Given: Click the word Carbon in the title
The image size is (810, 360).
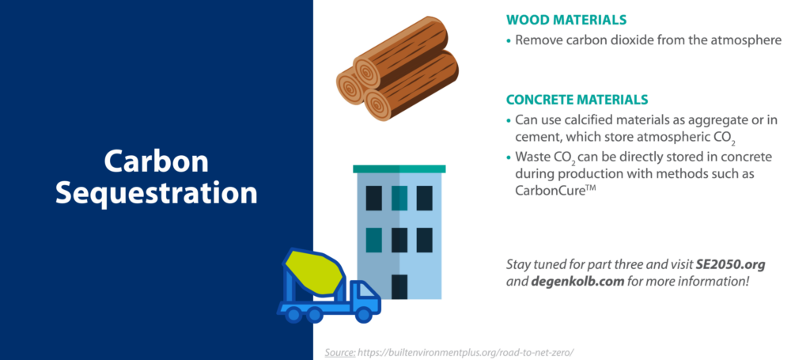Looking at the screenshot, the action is tap(156, 161).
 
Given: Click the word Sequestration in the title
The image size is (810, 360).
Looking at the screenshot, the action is tap(156, 194).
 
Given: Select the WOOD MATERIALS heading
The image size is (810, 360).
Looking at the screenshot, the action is tap(566, 20).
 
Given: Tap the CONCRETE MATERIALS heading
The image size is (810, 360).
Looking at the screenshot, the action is tap(577, 99).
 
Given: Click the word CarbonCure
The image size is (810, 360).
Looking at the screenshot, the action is tap(550, 190).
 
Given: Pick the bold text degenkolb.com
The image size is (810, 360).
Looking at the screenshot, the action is tap(571, 282).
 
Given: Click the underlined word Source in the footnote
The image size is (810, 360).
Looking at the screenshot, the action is tap(339, 353).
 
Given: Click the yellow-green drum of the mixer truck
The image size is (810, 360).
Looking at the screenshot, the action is tap(313, 271).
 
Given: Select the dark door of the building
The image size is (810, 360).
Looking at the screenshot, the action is tap(399, 286).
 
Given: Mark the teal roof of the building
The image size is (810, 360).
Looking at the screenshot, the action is tap(399, 169).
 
